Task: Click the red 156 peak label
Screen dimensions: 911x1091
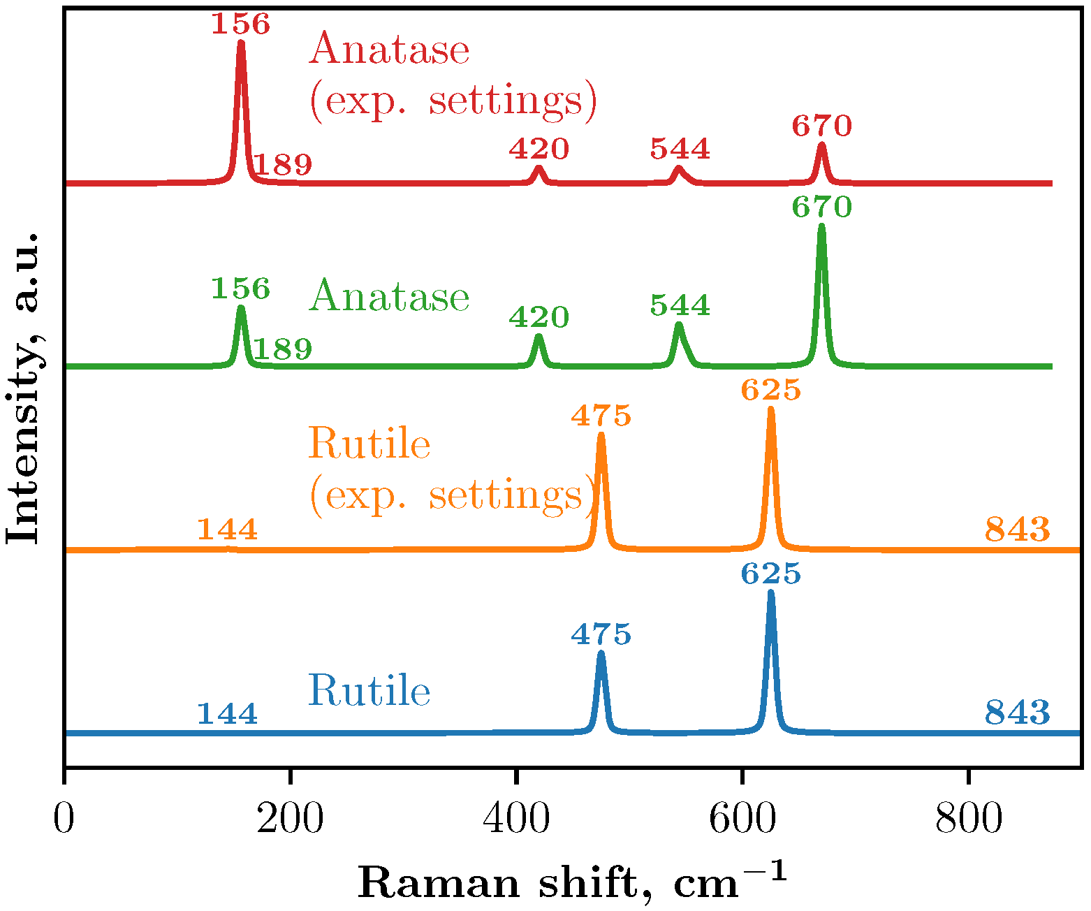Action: (240, 24)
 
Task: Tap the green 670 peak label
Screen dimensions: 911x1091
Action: (821, 207)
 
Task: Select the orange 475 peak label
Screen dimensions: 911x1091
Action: (601, 416)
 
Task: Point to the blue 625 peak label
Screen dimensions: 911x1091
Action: (770, 574)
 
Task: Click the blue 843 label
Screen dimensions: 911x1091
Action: (1017, 713)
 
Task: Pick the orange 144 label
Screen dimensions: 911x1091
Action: (227, 530)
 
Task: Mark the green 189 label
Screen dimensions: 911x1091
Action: (281, 349)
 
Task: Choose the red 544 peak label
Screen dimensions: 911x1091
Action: (680, 149)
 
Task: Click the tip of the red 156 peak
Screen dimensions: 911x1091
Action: (241, 43)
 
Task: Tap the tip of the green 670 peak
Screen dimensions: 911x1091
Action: (821, 226)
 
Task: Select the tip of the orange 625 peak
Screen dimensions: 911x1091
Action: (771, 409)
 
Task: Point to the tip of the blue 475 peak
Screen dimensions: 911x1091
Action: (601, 653)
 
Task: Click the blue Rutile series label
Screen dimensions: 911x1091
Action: (369, 691)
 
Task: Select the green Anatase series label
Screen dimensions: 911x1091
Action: (389, 296)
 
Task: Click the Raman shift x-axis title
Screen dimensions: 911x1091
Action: (571, 882)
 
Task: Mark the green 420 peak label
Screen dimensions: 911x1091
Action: (539, 318)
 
